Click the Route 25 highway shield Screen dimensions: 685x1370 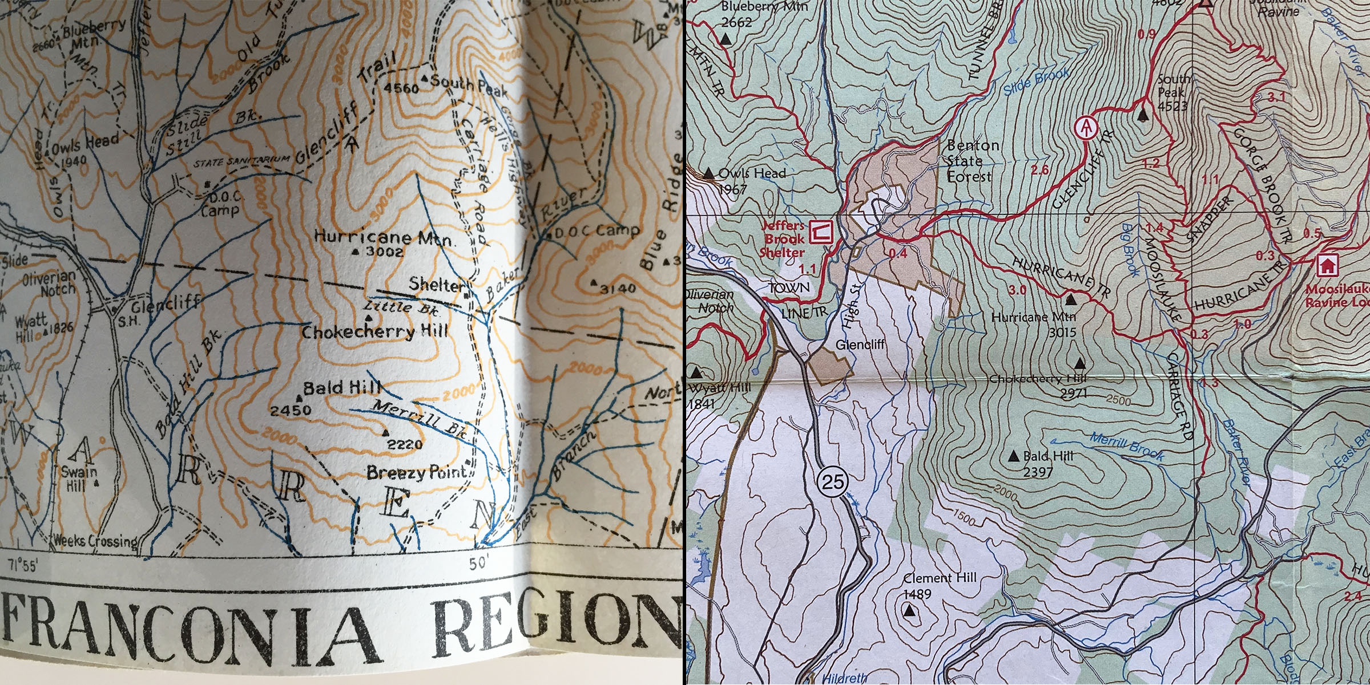pos(832,482)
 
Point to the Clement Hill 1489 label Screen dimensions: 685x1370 pos(940,585)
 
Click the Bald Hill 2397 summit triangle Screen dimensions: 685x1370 pos(1014,456)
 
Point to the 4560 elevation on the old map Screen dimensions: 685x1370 pos(401,88)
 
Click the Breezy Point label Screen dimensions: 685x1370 pos(417,473)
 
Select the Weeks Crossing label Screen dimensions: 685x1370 pos(95,540)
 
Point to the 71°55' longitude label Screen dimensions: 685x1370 pos(23,565)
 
